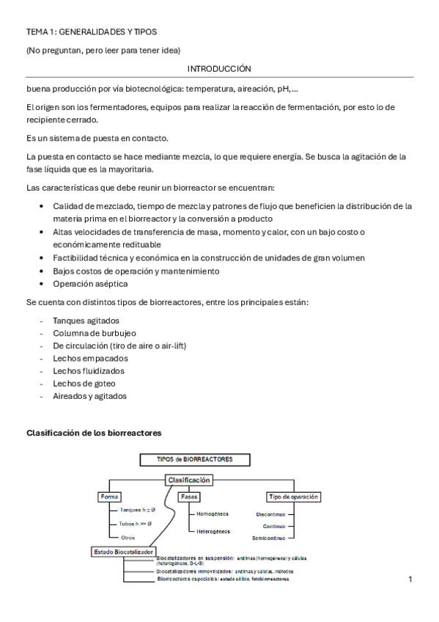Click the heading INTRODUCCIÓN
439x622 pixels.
pos(219,68)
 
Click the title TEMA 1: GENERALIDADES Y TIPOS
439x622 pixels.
pos(92,32)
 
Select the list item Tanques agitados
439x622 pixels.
pos(86,321)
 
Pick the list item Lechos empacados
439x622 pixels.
pos(90,358)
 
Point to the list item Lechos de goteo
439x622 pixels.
pos(84,383)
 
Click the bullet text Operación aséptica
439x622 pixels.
pos(90,283)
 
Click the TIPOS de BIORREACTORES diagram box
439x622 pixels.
pos(195,459)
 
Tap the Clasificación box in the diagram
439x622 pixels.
pos(189,480)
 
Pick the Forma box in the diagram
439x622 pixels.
pos(108,497)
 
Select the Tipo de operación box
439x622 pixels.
pos(293,497)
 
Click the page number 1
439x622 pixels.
pos(410,579)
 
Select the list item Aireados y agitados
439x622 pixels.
pos(89,395)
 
